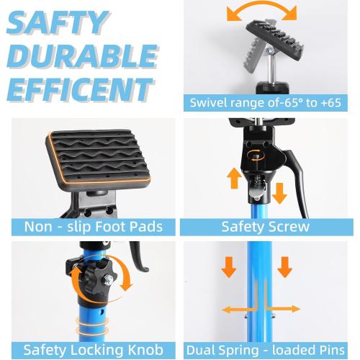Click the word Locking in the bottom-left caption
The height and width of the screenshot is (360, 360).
[99, 351]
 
